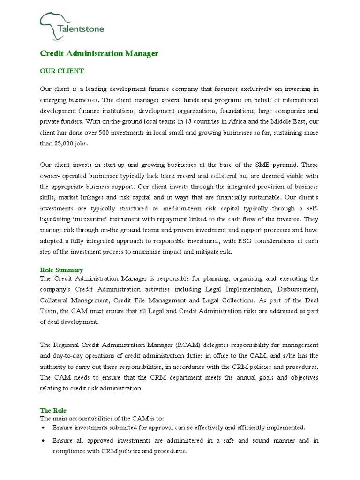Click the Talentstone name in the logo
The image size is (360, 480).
(81, 29)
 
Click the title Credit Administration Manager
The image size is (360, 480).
(99, 53)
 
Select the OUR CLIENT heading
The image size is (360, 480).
(61, 71)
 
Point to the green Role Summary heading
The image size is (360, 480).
(61, 270)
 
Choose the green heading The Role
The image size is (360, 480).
(53, 410)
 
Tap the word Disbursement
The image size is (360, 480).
(297, 289)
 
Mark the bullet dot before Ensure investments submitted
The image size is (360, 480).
(44, 428)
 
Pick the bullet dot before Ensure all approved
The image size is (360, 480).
(44, 441)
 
